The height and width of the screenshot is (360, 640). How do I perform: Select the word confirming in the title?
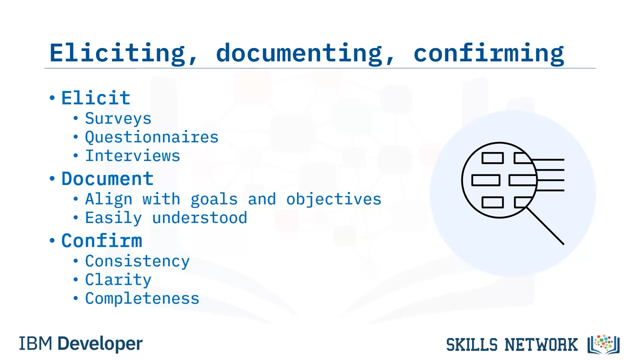pos(489,53)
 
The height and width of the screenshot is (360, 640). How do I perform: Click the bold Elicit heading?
pos(96,98)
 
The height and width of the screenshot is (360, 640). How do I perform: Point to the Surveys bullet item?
pos(118,118)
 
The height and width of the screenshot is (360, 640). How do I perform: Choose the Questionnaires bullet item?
pos(151,137)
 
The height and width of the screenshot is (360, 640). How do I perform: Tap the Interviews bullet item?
pos(132,155)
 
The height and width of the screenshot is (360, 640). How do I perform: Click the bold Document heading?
pos(107,179)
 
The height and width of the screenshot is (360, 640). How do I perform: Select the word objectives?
pos(333,199)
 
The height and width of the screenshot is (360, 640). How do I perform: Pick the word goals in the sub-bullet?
pos(214,199)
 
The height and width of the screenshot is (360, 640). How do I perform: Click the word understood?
pos(199,217)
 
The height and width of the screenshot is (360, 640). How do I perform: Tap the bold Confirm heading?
pos(101,240)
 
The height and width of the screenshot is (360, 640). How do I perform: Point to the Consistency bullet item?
pos(137,261)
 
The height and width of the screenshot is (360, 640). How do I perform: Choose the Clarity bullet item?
pos(118,279)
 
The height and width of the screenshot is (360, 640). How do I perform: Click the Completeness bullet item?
pos(142,298)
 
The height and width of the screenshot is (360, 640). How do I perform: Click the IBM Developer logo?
pos(80,343)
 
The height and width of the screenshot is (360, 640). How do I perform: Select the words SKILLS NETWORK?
pos(512,344)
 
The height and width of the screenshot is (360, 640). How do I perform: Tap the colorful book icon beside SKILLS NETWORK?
pos(603,344)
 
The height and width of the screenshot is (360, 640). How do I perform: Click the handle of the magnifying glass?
pos(545,226)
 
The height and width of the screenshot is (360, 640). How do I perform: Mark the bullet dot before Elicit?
pos(52,98)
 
